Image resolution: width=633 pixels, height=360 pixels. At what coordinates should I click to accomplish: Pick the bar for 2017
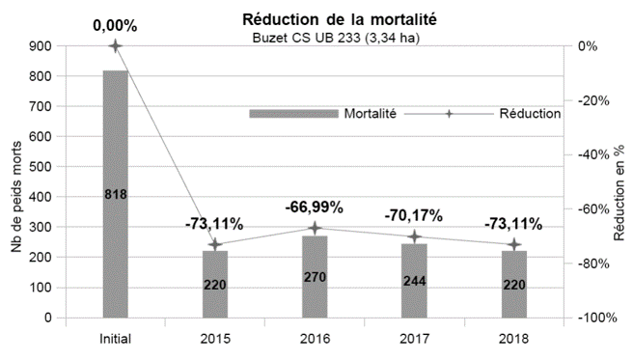click(414, 280)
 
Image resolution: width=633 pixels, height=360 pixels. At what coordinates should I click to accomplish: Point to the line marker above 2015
click(215, 245)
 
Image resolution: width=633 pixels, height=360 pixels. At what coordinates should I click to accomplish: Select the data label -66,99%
click(315, 207)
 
